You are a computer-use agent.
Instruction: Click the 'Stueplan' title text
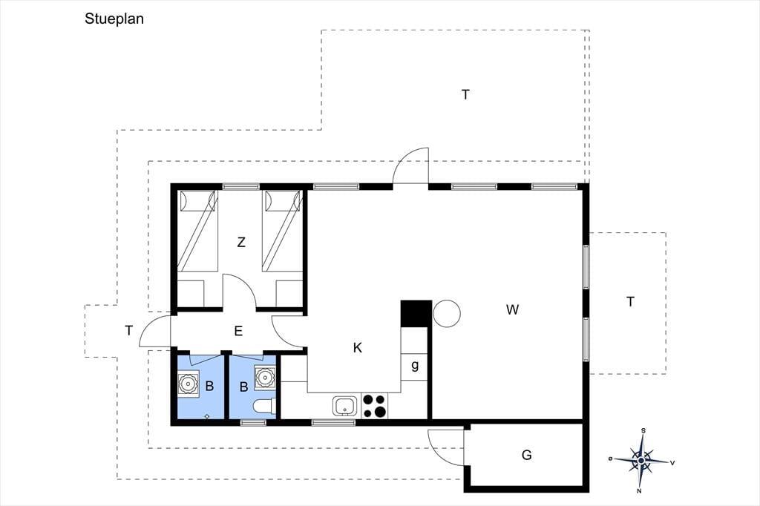pos(114,19)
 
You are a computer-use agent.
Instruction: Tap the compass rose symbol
pos(641,460)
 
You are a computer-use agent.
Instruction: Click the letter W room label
pos(512,309)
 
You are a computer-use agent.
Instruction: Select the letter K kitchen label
pos(358,347)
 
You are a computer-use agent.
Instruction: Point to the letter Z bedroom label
pos(241,242)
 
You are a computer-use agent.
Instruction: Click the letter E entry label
pos(238,331)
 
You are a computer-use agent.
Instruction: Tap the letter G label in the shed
pos(526,455)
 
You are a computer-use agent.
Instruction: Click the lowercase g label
pos(415,365)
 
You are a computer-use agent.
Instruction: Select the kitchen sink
pos(345,406)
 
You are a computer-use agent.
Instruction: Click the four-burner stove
pos(375,406)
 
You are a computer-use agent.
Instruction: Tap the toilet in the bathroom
pos(265,406)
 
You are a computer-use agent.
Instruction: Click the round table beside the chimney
pos(446,314)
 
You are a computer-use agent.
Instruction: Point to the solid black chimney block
pos(416,314)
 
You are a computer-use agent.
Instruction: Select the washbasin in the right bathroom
pos(265,377)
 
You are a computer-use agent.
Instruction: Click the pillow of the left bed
pos(197,201)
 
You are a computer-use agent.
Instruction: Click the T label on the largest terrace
pos(465,94)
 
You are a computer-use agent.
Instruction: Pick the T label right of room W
pos(630,301)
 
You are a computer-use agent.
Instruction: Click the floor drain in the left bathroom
pos(207,415)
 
